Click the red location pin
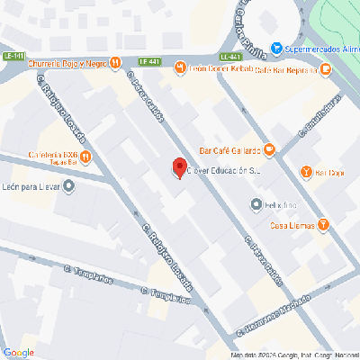pyautogui.click(x=179, y=167)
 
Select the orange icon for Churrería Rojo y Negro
pyautogui.click(x=115, y=63)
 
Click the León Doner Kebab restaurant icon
pyautogui.click(x=180, y=67)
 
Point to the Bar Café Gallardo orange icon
pyautogui.click(x=268, y=148)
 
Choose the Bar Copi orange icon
pyautogui.click(x=307, y=172)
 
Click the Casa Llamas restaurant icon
pyautogui.click(x=323, y=224)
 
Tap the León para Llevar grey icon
pyautogui.click(x=71, y=187)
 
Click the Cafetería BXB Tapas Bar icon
pyautogui.click(x=85, y=157)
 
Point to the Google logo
pyautogui.click(x=18, y=352)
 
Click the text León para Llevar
pyautogui.click(x=32, y=187)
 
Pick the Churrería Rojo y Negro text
pyautogui.click(x=66, y=64)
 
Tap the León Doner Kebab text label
pyautogui.click(x=220, y=67)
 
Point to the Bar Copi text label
pyautogui.click(x=330, y=172)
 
